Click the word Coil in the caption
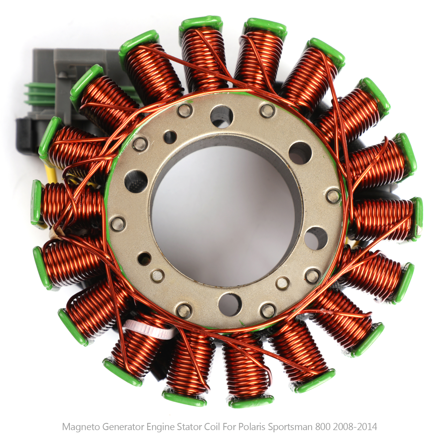coord(212,427)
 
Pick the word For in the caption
coord(229,427)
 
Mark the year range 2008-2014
coord(355,427)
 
